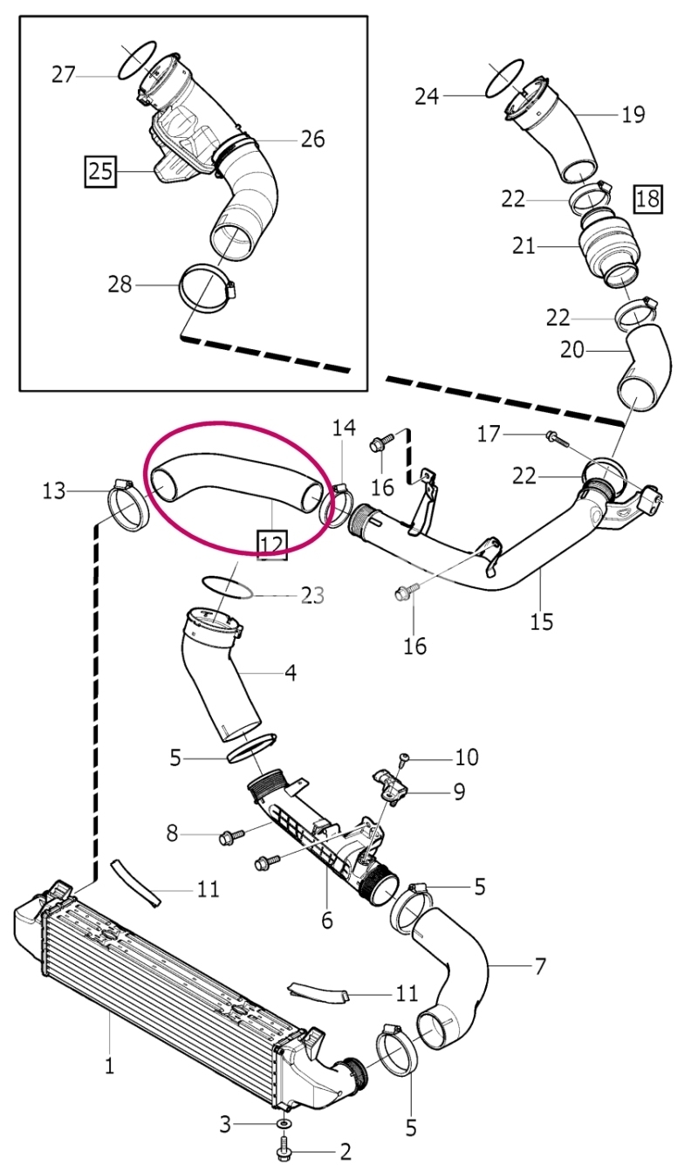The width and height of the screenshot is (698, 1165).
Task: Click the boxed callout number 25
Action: click(x=100, y=171)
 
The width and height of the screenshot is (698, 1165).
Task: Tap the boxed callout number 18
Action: click(x=647, y=199)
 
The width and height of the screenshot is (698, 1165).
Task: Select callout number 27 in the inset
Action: click(x=64, y=75)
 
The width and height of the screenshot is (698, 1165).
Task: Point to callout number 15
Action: click(x=542, y=621)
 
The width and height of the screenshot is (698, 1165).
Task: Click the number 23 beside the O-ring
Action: click(x=313, y=595)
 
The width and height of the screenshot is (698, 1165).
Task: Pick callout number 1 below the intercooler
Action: click(x=109, y=1066)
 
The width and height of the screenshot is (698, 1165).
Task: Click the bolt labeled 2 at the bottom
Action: click(x=284, y=1150)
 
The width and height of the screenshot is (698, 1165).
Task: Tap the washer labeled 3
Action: click(x=283, y=1124)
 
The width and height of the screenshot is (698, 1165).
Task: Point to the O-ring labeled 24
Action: click(x=504, y=78)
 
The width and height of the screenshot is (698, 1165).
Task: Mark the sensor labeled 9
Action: click(x=390, y=788)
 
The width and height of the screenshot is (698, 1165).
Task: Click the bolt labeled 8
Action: click(x=232, y=836)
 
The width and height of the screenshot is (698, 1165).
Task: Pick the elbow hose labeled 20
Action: click(x=644, y=367)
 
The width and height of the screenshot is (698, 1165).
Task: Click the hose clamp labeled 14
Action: click(x=338, y=504)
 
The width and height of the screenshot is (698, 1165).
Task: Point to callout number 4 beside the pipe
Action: click(x=291, y=673)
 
